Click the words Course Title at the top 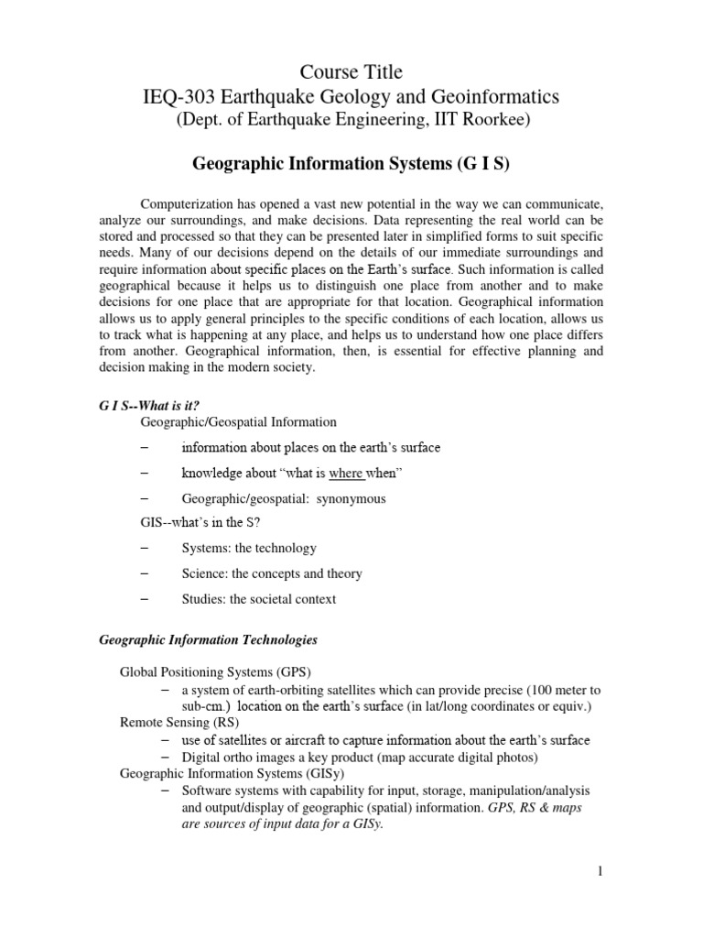pyautogui.click(x=351, y=71)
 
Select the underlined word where pyautogui.click(x=346, y=473)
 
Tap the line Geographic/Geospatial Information pyautogui.click(x=238, y=422)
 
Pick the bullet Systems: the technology pyautogui.click(x=248, y=548)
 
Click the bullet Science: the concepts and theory pyautogui.click(x=271, y=573)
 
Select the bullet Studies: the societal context pyautogui.click(x=258, y=599)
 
